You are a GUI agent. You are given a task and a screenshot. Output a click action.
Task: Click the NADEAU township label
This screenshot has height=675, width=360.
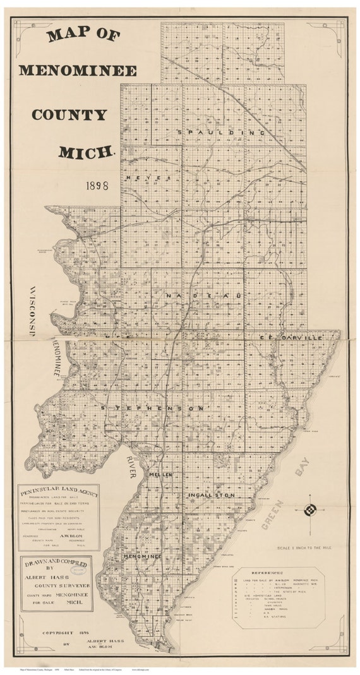[x=196, y=295]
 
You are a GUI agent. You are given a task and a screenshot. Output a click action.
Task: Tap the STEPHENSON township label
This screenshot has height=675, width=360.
[x=153, y=409]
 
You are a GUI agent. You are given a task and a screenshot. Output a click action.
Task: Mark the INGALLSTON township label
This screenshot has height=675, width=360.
[x=211, y=495]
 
